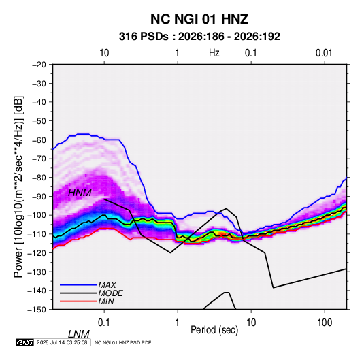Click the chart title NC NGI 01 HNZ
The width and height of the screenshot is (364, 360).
(x=199, y=19)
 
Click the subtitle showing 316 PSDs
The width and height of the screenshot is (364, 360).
(x=199, y=37)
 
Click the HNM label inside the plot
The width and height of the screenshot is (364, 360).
(x=80, y=193)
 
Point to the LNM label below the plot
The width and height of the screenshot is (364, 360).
(x=79, y=334)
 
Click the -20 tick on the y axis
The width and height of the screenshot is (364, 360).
(x=39, y=65)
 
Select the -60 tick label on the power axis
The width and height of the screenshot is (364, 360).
(x=39, y=140)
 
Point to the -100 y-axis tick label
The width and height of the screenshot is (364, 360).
(x=37, y=215)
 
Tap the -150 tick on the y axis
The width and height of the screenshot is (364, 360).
(x=37, y=310)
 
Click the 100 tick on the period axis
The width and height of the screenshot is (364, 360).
(x=325, y=323)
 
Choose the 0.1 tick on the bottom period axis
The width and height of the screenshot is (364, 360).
(x=104, y=323)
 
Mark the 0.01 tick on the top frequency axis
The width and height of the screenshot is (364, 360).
(x=324, y=53)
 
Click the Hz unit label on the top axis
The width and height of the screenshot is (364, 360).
(x=214, y=53)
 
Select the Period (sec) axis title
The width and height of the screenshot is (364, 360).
(x=214, y=330)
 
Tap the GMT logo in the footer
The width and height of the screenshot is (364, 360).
(x=25, y=342)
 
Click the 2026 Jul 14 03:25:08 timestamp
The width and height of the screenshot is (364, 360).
(x=62, y=342)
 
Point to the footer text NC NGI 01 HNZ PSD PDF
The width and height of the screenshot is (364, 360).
(x=122, y=342)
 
